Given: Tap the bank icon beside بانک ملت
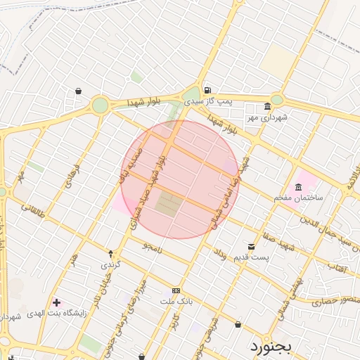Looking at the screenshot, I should [x=176, y=291].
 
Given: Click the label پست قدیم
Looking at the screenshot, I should [x=251, y=257].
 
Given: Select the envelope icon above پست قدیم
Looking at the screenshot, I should [x=251, y=246].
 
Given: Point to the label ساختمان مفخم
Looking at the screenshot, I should [x=298, y=198].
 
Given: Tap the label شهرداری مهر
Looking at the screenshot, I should [x=266, y=117].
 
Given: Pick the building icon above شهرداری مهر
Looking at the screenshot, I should [x=266, y=107].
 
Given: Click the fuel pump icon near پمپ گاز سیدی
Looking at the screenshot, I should [x=207, y=90].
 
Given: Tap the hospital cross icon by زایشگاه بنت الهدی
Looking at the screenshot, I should [x=57, y=302].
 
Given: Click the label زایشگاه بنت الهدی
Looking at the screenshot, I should [x=56, y=313].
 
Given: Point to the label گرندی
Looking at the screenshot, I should [x=111, y=264].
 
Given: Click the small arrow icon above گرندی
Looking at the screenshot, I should [x=111, y=253].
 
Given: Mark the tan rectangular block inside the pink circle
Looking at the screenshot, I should [x=168, y=204].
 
